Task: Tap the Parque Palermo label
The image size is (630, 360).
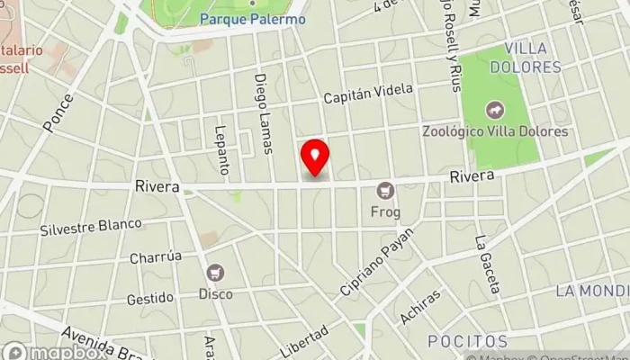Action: [252, 19]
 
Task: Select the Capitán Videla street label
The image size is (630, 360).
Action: [368, 93]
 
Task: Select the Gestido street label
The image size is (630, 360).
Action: [149, 298]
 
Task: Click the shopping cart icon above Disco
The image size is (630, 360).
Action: [215, 272]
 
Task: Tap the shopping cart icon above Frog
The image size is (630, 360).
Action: [386, 190]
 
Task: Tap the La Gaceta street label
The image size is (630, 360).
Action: [487, 265]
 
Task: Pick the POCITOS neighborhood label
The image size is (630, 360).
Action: [467, 342]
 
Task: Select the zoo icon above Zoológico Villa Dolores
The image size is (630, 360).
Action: [495, 111]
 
